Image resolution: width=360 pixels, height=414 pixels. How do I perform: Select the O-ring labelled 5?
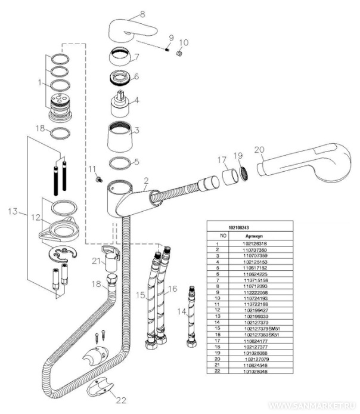coord(121,162)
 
